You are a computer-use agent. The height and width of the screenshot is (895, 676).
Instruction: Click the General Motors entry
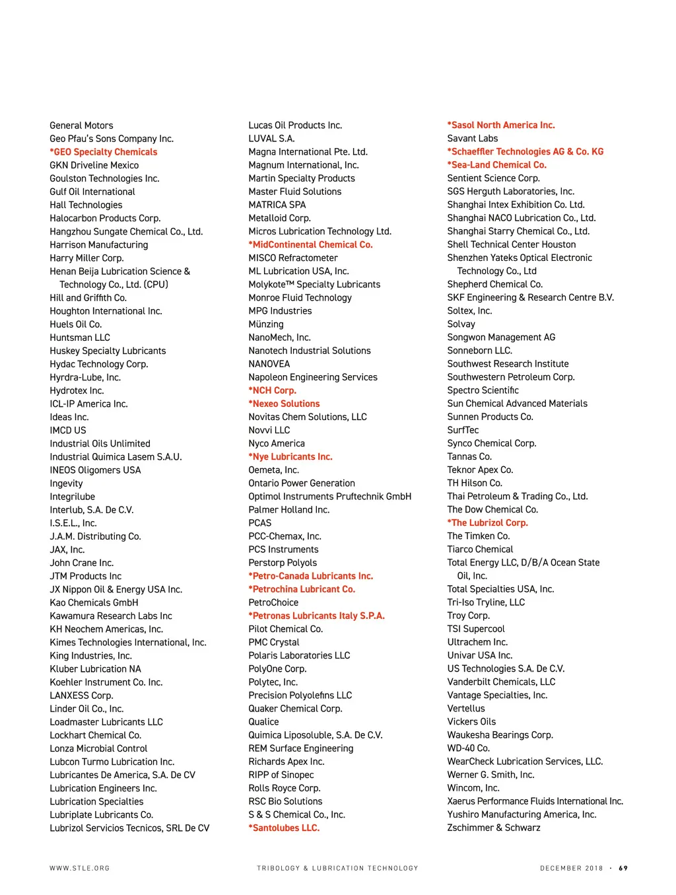click(x=81, y=125)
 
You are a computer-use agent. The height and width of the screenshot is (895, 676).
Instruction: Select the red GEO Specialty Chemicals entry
click(x=104, y=152)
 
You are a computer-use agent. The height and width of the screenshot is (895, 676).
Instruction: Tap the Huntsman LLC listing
click(x=80, y=338)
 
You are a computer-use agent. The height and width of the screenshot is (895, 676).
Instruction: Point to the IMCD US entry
click(x=68, y=430)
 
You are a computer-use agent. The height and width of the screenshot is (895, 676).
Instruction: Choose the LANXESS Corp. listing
click(x=81, y=696)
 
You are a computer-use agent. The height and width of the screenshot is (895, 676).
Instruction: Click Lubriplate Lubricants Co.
click(x=101, y=814)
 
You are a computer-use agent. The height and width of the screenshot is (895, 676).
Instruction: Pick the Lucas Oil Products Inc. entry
click(x=295, y=125)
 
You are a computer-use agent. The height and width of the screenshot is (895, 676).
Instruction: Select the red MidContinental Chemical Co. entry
click(x=310, y=244)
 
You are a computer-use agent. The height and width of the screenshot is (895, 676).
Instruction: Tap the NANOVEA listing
click(x=269, y=364)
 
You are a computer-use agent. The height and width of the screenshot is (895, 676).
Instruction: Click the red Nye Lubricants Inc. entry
click(x=290, y=456)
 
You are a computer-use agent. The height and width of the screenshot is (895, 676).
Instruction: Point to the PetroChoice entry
click(x=273, y=602)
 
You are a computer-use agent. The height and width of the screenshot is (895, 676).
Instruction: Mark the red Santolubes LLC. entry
click(x=284, y=828)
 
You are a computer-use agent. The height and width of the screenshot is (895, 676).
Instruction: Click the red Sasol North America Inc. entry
click(x=501, y=125)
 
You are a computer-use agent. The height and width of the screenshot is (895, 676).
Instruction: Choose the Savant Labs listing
click(x=473, y=138)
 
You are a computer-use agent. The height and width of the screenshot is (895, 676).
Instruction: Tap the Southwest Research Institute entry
click(x=508, y=364)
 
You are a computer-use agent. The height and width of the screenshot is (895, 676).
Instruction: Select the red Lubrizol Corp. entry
click(x=488, y=522)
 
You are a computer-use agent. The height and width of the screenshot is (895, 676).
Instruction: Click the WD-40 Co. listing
click(x=468, y=748)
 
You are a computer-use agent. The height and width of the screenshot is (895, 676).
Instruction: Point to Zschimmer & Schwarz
click(x=494, y=828)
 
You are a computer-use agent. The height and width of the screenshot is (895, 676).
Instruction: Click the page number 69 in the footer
click(x=623, y=868)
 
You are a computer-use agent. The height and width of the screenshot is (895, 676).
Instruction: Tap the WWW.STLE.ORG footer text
click(x=79, y=868)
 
